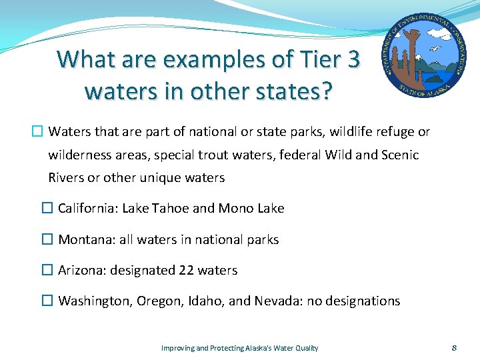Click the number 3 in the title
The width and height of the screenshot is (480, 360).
coord(351,59)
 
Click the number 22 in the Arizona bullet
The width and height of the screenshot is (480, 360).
coord(187,270)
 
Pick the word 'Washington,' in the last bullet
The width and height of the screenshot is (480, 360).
coord(96,301)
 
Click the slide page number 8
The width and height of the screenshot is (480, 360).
coord(454,348)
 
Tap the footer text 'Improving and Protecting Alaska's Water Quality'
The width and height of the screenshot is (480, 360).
coord(240,348)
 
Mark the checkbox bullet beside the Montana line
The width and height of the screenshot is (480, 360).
coord(47,239)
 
